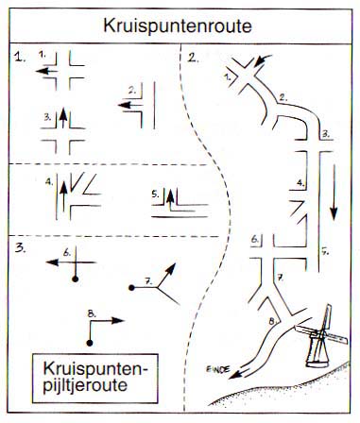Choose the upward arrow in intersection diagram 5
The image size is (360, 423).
(x=173, y=199)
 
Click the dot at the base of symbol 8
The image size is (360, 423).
(x=91, y=341)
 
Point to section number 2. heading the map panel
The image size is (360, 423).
(x=193, y=59)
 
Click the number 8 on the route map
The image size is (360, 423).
(x=270, y=323)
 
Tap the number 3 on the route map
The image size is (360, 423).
(x=324, y=134)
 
